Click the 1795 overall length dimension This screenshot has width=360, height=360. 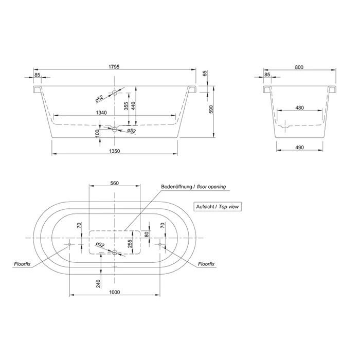point(114,67)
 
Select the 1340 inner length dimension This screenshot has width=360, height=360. point(101,113)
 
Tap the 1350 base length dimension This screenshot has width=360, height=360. point(114,151)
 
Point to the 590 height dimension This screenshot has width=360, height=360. point(211,109)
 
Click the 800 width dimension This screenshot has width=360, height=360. point(299,67)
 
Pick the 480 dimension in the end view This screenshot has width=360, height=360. point(299,107)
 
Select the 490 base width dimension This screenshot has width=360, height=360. point(299,148)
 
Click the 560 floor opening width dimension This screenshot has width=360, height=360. point(115,183)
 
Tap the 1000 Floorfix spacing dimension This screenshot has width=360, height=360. point(114,292)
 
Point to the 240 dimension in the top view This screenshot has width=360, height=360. point(98,284)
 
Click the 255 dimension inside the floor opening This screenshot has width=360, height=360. point(130,244)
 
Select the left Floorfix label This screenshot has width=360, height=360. point(22,264)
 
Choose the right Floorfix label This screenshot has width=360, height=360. point(206,264)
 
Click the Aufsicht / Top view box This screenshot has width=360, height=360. point(218,207)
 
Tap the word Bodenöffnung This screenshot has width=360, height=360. point(176,187)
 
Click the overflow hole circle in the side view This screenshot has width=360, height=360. point(115,93)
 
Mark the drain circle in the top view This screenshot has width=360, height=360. point(115,253)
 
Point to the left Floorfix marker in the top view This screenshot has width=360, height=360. point(69,244)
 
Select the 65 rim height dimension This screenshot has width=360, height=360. point(205,74)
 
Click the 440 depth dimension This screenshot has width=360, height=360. point(133,105)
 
